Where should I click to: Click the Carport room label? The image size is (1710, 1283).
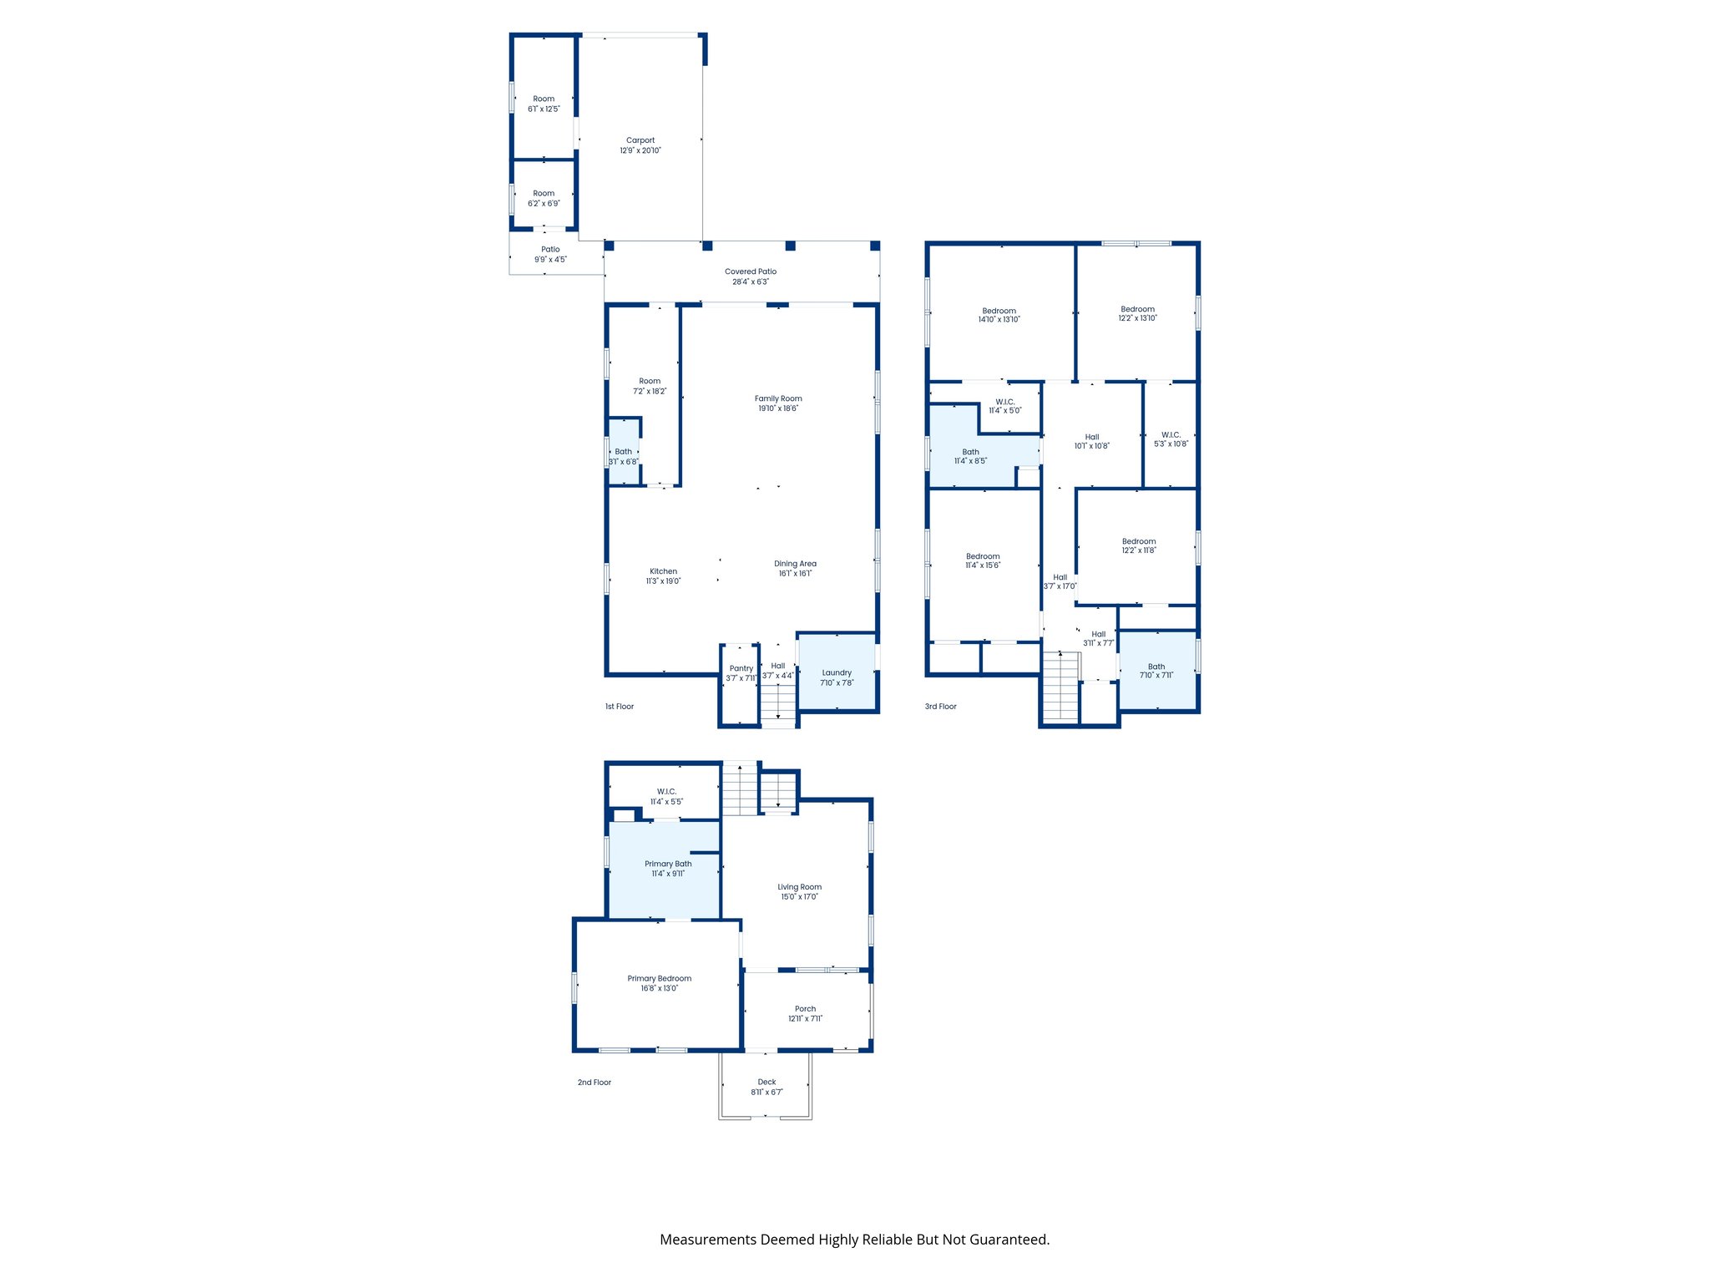[x=640, y=141]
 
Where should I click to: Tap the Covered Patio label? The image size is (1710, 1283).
[x=751, y=271]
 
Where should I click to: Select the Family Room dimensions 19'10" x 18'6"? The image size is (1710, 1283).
[x=778, y=409]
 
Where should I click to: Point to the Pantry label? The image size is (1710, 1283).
[x=741, y=669]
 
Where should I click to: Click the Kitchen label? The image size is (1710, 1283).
[x=663, y=571]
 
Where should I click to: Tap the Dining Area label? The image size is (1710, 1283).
[x=795, y=564]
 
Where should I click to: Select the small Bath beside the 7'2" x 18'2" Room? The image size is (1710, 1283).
[x=624, y=456]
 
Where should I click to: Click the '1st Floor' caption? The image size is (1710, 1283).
[x=620, y=707]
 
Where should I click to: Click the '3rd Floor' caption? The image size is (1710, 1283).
[x=940, y=707]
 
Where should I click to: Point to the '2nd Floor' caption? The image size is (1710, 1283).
[x=594, y=1083]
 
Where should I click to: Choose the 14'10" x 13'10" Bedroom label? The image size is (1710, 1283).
[x=999, y=311]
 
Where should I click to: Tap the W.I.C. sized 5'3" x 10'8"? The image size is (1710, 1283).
[x=1171, y=439]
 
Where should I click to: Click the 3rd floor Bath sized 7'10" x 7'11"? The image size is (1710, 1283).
[x=1156, y=671]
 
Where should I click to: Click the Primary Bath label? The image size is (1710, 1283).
[x=668, y=864]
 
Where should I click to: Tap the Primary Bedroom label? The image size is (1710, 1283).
[x=660, y=979]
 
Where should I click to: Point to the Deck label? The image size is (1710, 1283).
[x=766, y=1083]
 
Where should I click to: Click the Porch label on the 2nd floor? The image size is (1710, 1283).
[x=805, y=1009]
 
